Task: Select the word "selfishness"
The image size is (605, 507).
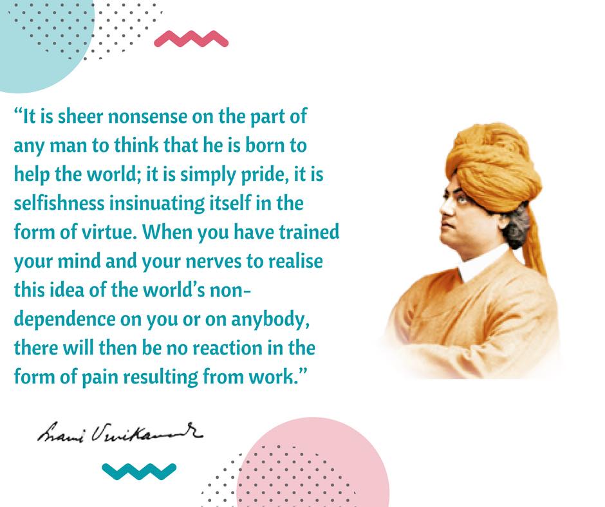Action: (57, 203)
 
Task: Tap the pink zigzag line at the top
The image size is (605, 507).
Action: (191, 40)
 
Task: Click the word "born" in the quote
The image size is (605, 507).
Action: (264, 147)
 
